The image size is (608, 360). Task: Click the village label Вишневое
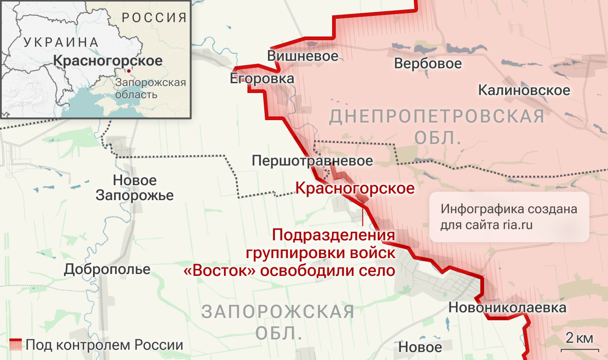pyautogui.click(x=303, y=56)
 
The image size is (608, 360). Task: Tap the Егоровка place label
pyautogui.click(x=262, y=78)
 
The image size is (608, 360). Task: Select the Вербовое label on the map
pyautogui.click(x=427, y=63)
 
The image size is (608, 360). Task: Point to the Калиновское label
pyautogui.click(x=524, y=90)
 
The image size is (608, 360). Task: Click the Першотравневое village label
pyautogui.click(x=312, y=161)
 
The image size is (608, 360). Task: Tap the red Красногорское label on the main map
pyautogui.click(x=355, y=188)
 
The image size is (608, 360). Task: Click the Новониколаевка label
pyautogui.click(x=507, y=308)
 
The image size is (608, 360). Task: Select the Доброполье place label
pyautogui.click(x=107, y=269)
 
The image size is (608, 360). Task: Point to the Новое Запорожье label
pyautogui.click(x=134, y=187)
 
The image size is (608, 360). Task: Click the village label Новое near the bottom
pyautogui.click(x=420, y=347)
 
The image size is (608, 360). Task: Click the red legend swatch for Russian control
pyautogui.click(x=16, y=345)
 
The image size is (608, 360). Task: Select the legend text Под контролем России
pyautogui.click(x=104, y=346)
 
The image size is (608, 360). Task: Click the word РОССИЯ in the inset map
pyautogui.click(x=154, y=18)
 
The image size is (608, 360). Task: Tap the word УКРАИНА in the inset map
pyautogui.click(x=61, y=42)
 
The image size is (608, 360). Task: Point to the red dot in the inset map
pyautogui.click(x=129, y=71)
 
